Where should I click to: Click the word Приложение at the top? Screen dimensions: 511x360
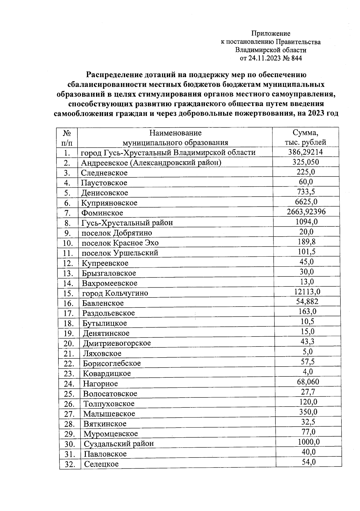271,34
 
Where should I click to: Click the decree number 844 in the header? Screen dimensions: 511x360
296,58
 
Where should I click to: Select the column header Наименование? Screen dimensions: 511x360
175,133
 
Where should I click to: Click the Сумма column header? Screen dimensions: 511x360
305,133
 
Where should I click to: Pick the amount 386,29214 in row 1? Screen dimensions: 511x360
305,152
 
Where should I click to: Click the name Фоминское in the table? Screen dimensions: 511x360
102,213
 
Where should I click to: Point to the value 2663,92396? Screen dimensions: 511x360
306,212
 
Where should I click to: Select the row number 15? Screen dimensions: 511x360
68,293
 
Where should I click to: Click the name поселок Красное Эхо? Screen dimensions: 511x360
120,243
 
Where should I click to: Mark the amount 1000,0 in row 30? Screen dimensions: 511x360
308,442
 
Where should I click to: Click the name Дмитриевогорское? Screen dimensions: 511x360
117,343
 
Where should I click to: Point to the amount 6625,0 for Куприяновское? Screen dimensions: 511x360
306,202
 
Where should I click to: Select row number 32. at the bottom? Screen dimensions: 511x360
70,464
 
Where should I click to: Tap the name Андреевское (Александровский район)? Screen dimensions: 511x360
151,163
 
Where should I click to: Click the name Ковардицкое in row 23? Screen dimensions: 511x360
107,373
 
